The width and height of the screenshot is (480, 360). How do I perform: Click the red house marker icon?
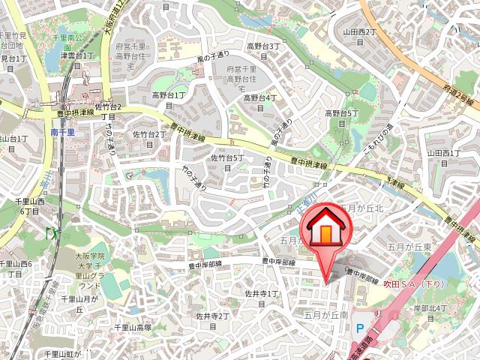pyautogui.click(x=326, y=229)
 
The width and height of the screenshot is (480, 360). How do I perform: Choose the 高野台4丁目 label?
pyautogui.click(x=261, y=103)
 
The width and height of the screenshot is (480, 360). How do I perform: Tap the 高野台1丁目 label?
pyautogui.click(x=169, y=100)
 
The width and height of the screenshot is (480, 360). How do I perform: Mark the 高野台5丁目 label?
pyautogui.click(x=343, y=118)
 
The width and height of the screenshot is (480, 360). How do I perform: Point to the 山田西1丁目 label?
pyautogui.click(x=443, y=158)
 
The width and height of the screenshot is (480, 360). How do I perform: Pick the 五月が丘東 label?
pyautogui.click(x=410, y=247)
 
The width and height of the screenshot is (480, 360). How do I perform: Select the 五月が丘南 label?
pyautogui.click(x=326, y=314)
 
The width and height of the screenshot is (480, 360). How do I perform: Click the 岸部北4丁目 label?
pyautogui.click(x=430, y=313)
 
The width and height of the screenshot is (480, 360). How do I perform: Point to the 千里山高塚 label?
pyautogui.click(x=133, y=328)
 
